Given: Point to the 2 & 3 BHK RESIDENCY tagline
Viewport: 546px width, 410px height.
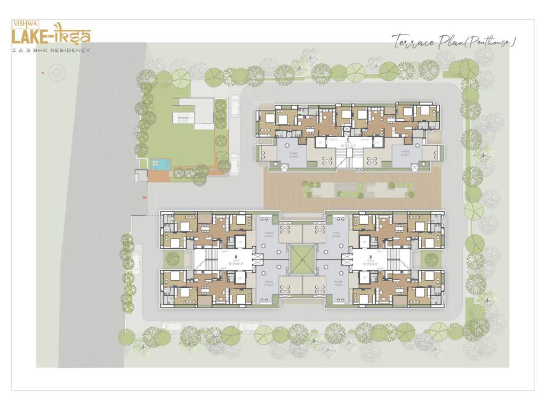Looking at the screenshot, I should [x=52, y=50].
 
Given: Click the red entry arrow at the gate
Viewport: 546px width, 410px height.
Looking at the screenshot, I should [x=144, y=198].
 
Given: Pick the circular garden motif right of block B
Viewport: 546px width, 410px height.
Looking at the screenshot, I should [x=431, y=259].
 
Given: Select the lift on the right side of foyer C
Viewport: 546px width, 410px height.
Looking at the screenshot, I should [x=377, y=143].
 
